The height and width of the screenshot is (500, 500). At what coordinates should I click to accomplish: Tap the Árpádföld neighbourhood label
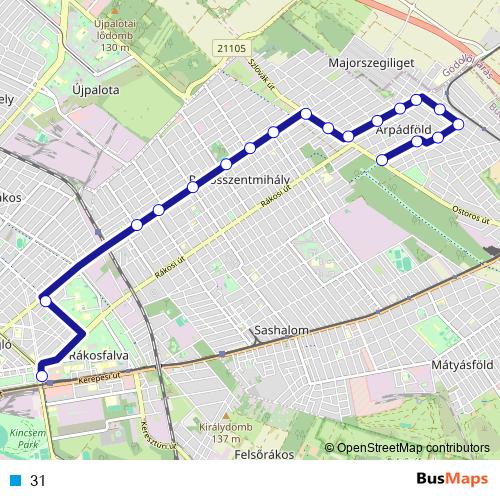404,130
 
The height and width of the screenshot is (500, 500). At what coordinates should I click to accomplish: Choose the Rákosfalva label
100,356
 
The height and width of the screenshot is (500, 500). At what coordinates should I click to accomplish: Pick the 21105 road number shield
229,46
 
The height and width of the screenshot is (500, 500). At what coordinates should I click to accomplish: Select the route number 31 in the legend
39,481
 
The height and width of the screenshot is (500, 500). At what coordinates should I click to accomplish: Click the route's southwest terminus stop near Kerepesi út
41,376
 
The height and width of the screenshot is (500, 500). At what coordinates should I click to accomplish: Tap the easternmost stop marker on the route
459,125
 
